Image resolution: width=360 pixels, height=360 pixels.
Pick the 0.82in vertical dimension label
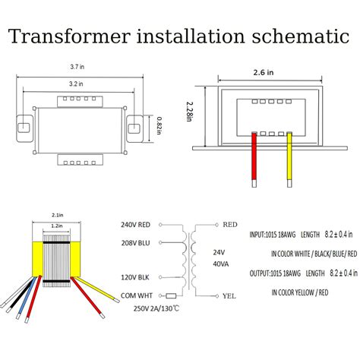pos(159,124)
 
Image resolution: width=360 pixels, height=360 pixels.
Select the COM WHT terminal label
pos(136,296)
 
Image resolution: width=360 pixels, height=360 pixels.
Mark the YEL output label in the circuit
pos(231,298)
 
